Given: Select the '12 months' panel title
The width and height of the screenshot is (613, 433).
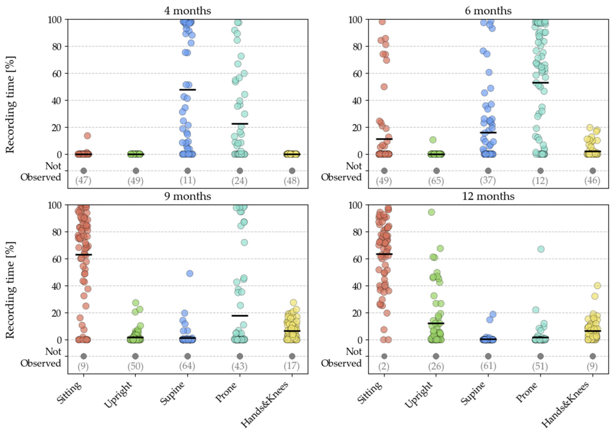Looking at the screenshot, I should [488, 197].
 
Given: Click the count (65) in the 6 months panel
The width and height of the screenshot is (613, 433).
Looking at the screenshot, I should [436, 181].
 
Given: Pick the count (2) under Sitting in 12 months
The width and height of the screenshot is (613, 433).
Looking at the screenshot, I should [384, 367].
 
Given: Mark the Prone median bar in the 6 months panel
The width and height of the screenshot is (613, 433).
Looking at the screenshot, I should [540, 83].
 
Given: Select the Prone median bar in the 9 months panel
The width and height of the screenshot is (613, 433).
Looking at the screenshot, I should [240, 316].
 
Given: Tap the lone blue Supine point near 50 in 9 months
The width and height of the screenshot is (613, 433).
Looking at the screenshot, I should [190, 273].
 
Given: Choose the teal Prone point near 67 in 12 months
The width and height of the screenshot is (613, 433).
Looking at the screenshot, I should [541, 249].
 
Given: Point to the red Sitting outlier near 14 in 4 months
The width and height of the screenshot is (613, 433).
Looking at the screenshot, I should [88, 136].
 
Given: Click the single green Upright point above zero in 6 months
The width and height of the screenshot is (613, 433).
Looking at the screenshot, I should [433, 140].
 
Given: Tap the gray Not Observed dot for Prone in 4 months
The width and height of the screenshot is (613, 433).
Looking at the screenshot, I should [240, 171].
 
